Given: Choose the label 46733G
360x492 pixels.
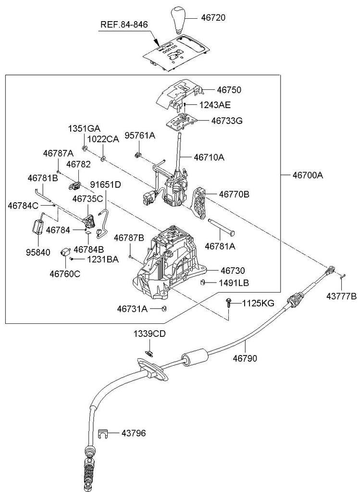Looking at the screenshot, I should (x=226, y=121).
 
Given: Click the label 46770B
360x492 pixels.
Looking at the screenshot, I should (x=234, y=195).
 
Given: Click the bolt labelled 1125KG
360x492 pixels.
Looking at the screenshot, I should (x=228, y=304).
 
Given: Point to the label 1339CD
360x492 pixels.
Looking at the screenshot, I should (x=149, y=334).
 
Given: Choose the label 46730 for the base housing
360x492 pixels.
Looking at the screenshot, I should (x=233, y=271).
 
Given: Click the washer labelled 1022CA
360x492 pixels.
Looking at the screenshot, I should (x=103, y=158).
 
